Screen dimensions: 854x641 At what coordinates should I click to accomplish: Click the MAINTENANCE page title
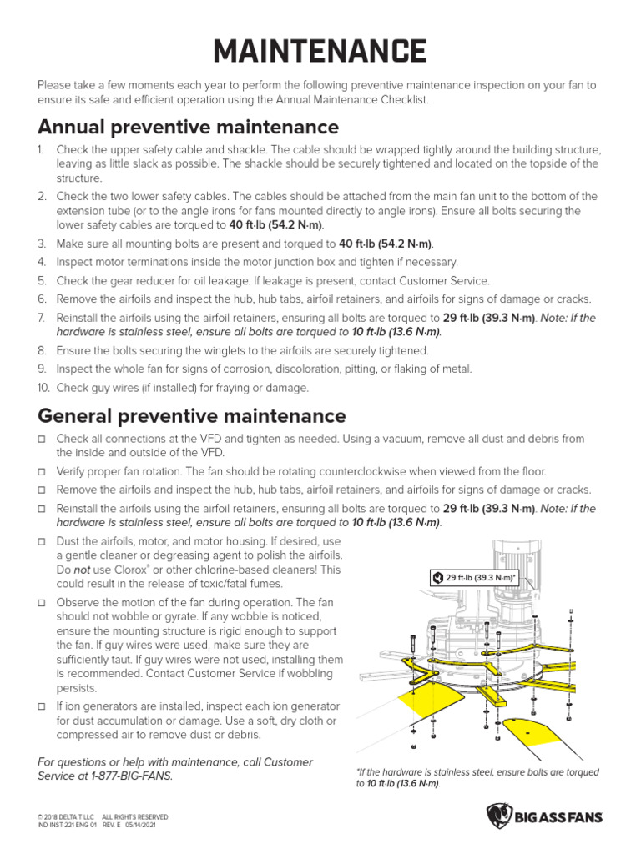click(320, 51)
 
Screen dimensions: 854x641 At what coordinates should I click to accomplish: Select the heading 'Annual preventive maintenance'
click(188, 127)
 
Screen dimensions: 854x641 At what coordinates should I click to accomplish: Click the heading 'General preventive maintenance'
click(191, 415)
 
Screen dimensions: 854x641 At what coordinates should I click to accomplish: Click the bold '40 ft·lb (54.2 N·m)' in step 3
click(386, 244)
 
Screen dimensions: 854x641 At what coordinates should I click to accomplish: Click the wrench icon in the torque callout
click(437, 577)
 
